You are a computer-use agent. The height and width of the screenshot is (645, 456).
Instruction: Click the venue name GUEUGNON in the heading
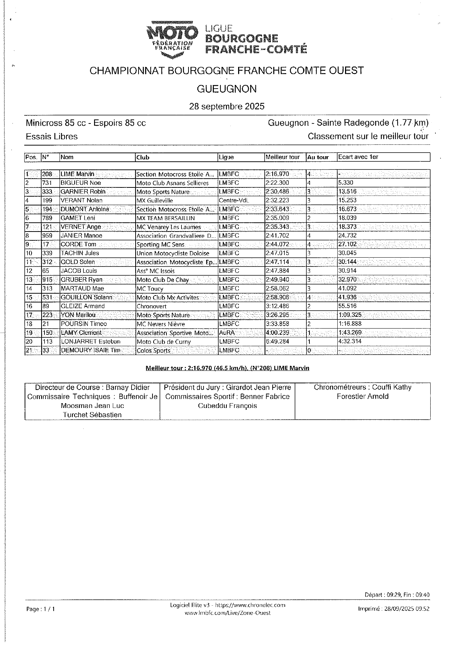(x=227, y=89)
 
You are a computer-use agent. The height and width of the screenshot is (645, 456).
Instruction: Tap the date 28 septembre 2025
(x=227, y=107)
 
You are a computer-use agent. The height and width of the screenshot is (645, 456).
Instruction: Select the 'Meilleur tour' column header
(x=283, y=157)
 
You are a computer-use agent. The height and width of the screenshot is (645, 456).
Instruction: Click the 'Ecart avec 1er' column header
(x=358, y=157)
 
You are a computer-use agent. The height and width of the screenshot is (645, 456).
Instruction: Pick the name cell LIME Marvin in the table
(x=78, y=174)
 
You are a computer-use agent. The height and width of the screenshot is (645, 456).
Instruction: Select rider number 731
(x=47, y=183)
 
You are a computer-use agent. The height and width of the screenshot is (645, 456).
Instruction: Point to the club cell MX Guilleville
(x=154, y=201)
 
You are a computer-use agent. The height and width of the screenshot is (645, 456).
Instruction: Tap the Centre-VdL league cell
(x=234, y=201)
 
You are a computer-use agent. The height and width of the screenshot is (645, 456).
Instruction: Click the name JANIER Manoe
(x=82, y=236)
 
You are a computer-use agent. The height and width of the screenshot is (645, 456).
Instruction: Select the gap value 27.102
(x=347, y=244)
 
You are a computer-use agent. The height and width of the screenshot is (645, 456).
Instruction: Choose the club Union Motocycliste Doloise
(x=173, y=253)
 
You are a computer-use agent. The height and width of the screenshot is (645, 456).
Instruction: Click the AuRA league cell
(x=227, y=333)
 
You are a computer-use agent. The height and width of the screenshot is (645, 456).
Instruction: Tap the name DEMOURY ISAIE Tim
(x=91, y=351)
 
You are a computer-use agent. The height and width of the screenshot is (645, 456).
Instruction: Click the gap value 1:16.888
(x=350, y=324)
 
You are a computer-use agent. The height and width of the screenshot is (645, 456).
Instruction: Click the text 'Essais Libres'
(x=52, y=137)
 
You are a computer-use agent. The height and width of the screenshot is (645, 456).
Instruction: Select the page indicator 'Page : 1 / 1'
(x=40, y=609)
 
